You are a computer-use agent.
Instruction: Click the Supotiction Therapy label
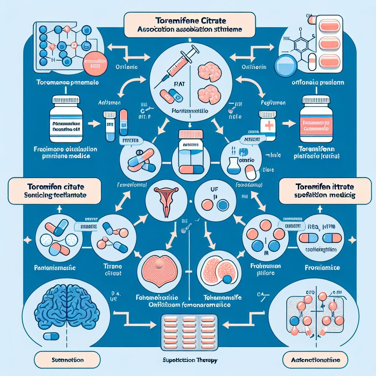click(x=189, y=360)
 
